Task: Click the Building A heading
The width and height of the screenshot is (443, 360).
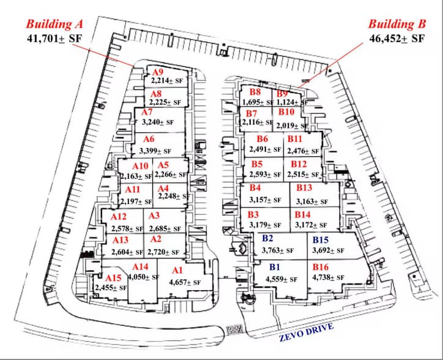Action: pyautogui.click(x=53, y=24)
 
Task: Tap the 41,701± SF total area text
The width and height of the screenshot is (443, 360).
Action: pyautogui.click(x=53, y=39)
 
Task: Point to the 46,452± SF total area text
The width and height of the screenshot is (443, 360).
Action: pyautogui.click(x=396, y=39)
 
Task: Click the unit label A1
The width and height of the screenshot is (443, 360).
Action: pyautogui.click(x=177, y=271)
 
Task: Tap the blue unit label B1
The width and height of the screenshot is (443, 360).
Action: pyautogui.click(x=274, y=268)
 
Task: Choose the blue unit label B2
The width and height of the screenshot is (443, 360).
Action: pyautogui.click(x=267, y=238)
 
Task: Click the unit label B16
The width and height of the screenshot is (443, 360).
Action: pyautogui.click(x=321, y=268)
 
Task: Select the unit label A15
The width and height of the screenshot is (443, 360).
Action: pyautogui.click(x=106, y=278)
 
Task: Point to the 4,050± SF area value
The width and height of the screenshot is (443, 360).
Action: pyautogui.click(x=143, y=277)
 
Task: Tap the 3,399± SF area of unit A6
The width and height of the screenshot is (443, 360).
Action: pyautogui.click(x=155, y=151)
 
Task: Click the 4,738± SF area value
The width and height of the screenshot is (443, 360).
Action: pyautogui.click(x=328, y=277)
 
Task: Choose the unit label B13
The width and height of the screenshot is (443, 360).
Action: pyautogui.click(x=304, y=187)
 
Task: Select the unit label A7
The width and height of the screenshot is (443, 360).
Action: pyautogui.click(x=147, y=113)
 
